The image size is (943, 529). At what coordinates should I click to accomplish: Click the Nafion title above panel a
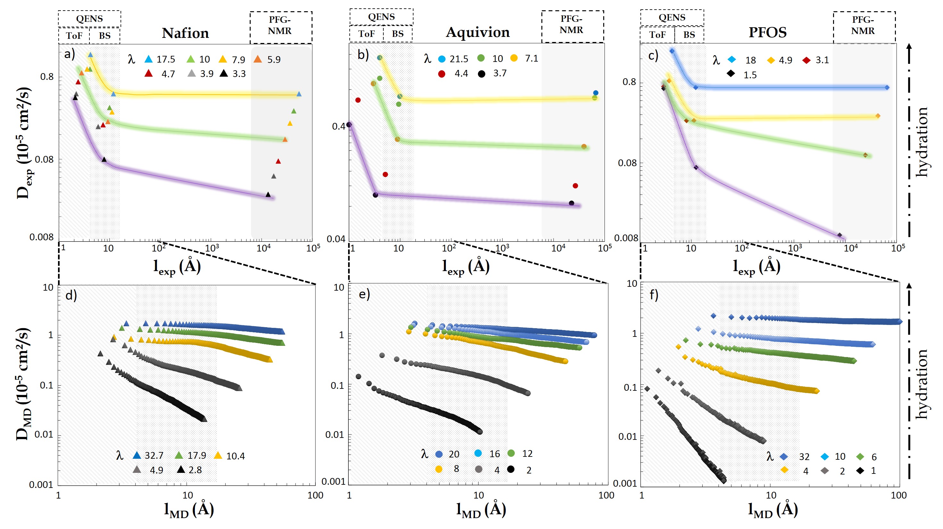[x=185, y=33]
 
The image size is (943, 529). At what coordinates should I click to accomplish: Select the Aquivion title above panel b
[x=477, y=33]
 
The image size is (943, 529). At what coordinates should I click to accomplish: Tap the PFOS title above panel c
[x=767, y=33]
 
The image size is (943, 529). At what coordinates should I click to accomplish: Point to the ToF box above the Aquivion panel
[x=366, y=34]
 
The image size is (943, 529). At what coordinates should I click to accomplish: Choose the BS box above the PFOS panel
[x=689, y=35]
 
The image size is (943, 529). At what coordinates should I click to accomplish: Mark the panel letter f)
[x=654, y=295]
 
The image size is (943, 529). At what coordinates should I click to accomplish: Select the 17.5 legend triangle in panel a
[x=148, y=59]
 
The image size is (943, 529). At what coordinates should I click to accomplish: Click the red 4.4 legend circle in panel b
[x=441, y=74]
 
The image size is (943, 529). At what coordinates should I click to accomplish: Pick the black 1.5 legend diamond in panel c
[x=731, y=74]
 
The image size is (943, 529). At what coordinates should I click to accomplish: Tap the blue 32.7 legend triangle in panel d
[x=137, y=455]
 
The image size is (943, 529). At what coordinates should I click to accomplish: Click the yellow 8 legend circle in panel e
[x=438, y=469]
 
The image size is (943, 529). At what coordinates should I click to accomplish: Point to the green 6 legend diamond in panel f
[x=860, y=456]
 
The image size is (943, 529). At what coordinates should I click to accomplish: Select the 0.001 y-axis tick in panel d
[x=41, y=485]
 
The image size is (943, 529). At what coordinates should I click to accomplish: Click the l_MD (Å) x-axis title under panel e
[x=481, y=509]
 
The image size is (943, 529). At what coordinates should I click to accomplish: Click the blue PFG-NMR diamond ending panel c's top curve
[x=887, y=88]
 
